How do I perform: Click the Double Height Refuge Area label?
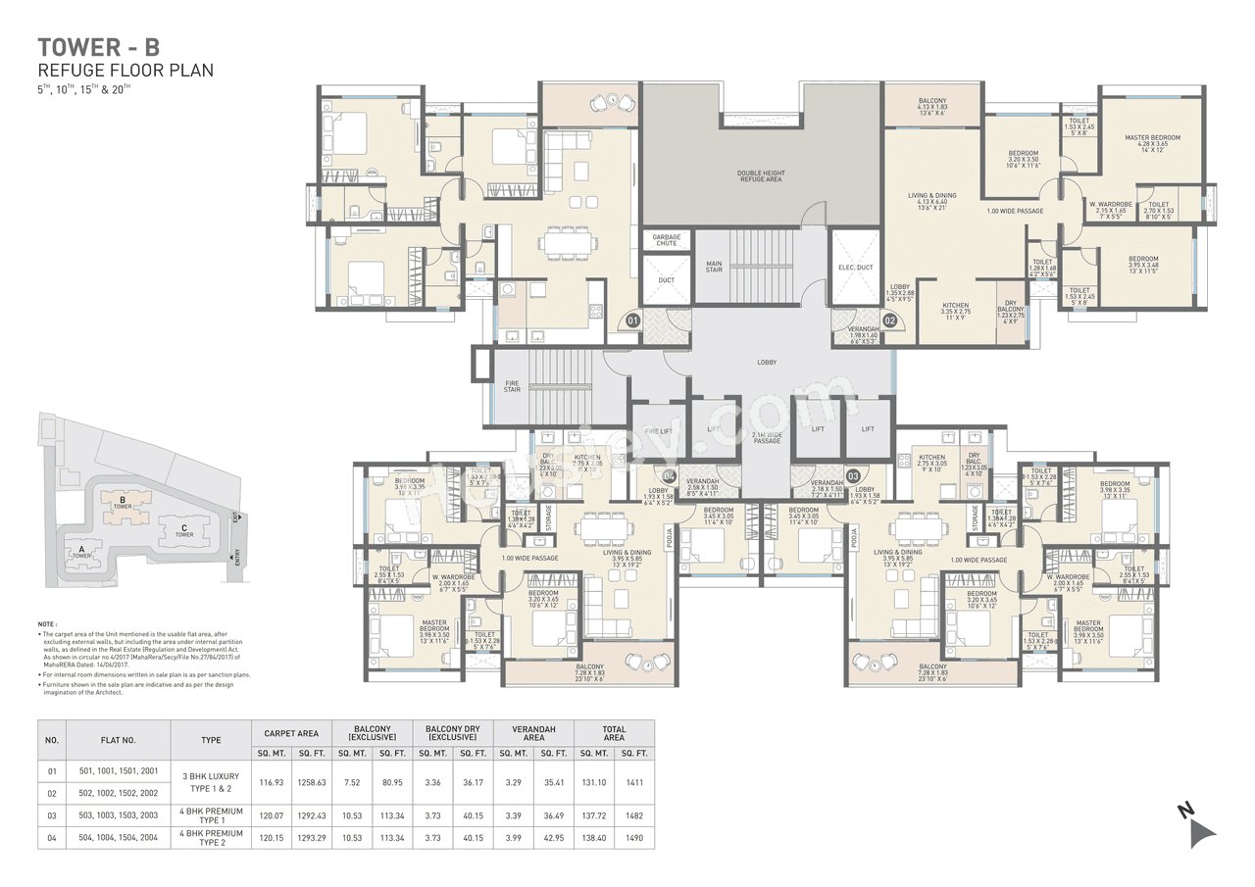click(x=761, y=176)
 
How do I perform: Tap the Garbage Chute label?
click(x=667, y=240)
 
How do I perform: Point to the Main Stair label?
click(x=714, y=266)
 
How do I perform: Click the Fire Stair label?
click(x=512, y=386)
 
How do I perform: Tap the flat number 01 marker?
click(x=633, y=320)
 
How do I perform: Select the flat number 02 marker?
click(x=890, y=320)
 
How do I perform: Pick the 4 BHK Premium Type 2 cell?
click(x=210, y=838)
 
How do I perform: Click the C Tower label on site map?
click(x=183, y=530)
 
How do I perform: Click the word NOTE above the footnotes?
click(x=47, y=623)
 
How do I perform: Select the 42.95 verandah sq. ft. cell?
click(x=554, y=838)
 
